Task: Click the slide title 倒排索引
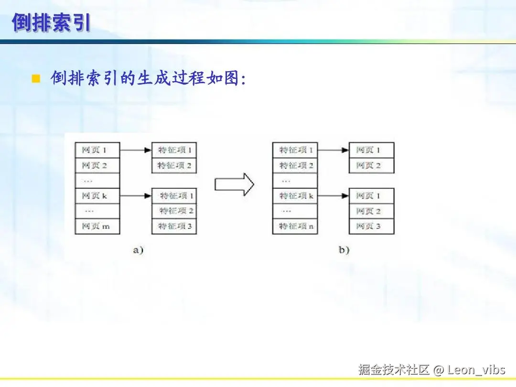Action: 51,22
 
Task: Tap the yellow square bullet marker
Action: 35,78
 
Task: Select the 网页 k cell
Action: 97,196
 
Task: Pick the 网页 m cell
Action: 97,226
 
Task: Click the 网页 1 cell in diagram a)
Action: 97,150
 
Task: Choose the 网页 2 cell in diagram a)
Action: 97,165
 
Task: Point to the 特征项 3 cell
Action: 174,226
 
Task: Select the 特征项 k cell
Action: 295,196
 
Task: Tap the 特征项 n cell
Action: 295,226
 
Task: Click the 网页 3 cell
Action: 371,226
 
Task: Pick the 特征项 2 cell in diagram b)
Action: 295,165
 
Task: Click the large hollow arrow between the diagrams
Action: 234,184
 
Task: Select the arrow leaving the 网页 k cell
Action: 136,196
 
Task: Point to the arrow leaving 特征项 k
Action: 333,196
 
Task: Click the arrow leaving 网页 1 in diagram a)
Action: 136,150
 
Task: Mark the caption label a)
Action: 138,250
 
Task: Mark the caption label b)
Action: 344,250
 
